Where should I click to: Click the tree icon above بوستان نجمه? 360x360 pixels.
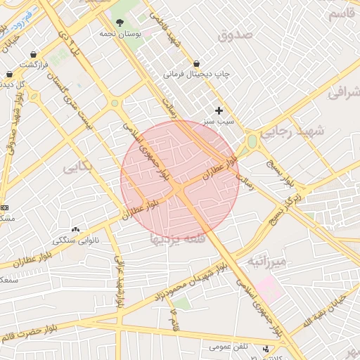click(x=120, y=22)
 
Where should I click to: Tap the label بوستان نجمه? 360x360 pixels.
click(x=120, y=34)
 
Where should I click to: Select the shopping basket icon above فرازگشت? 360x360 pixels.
click(x=34, y=54)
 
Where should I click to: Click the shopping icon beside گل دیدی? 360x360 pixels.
click(x=9, y=73)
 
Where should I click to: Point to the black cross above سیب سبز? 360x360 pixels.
click(x=219, y=110)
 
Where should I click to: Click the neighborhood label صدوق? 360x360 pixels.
click(x=235, y=34)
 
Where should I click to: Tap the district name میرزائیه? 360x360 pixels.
click(x=266, y=262)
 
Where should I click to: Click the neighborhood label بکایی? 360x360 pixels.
click(x=77, y=167)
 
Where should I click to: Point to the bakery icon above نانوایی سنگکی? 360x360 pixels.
click(x=75, y=229)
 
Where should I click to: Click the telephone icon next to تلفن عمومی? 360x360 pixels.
click(x=266, y=349)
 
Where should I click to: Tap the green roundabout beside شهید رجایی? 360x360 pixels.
click(x=252, y=141)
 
